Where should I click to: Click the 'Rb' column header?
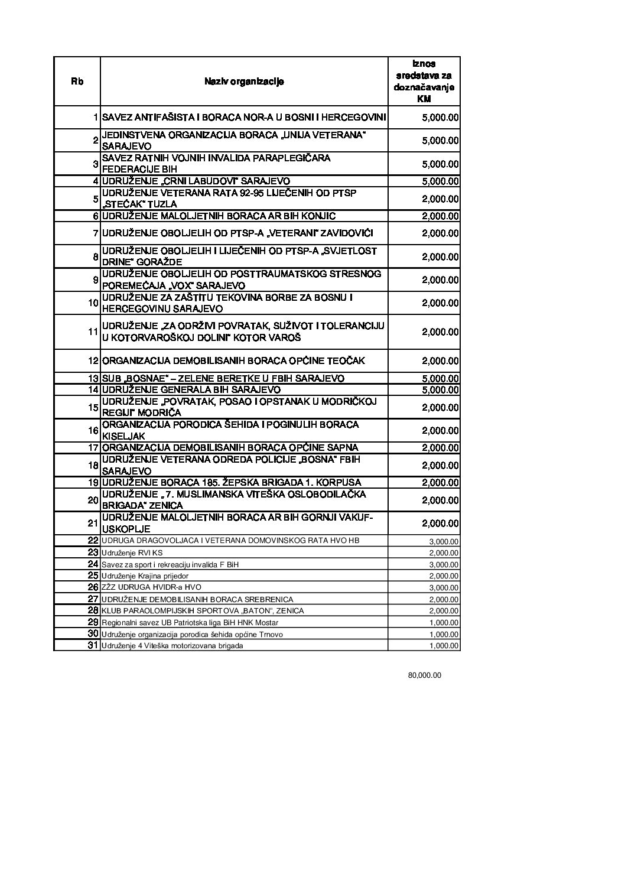point(77,82)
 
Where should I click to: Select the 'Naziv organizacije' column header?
point(244,82)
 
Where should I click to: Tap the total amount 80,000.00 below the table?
point(424,675)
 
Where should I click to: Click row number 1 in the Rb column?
point(95,118)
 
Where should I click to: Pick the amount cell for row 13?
point(440,378)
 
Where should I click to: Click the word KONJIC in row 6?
point(320,216)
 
